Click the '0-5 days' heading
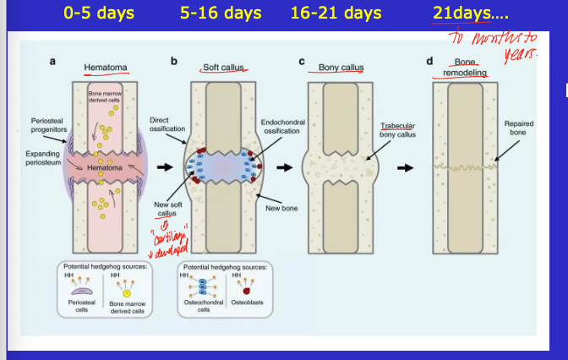pyautogui.click(x=100, y=14)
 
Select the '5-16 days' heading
pyautogui.click(x=220, y=14)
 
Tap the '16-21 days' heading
pyautogui.click(x=336, y=14)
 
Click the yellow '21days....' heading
pyautogui.click(x=464, y=14)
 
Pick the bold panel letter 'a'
pyautogui.click(x=54, y=62)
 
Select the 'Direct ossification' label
pyautogui.click(x=166, y=124)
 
